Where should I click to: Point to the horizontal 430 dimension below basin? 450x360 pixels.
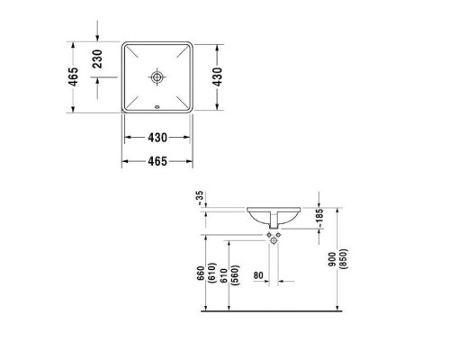[158, 137]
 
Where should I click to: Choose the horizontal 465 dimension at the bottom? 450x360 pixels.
[158, 163]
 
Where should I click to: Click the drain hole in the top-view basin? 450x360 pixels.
[158, 78]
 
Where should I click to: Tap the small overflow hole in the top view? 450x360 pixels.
[158, 111]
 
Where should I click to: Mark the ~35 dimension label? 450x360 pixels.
[200, 197]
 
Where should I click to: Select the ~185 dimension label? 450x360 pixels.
[318, 219]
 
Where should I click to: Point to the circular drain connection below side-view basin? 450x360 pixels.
[274, 238]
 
